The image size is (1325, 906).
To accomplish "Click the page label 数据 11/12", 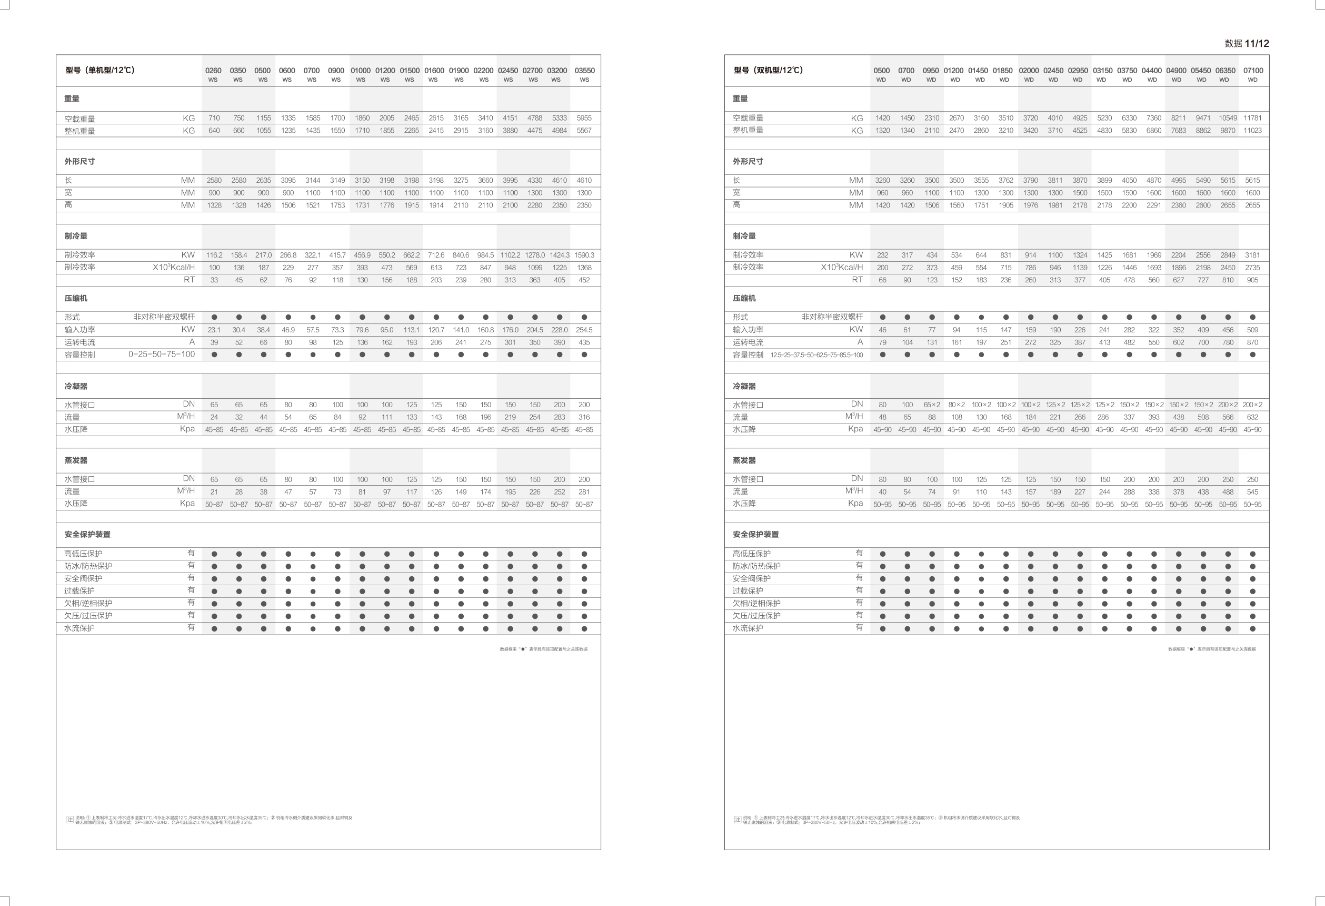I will pyautogui.click(x=1247, y=43).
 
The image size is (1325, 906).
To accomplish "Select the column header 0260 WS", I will pyautogui.click(x=213, y=74).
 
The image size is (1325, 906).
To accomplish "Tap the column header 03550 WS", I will pyautogui.click(x=584, y=74).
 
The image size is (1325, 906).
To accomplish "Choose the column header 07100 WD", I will pyautogui.click(x=1252, y=74).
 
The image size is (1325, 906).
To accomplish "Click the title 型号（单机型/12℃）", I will pyautogui.click(x=100, y=70).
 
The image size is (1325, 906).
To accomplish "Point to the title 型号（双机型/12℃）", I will pyautogui.click(x=768, y=70).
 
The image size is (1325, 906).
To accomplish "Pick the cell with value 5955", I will pyautogui.click(x=584, y=118).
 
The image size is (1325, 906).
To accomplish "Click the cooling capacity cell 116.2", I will pyautogui.click(x=214, y=255).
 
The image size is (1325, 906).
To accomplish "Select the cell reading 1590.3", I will pyautogui.click(x=584, y=255).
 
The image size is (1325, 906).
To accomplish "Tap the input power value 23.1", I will pyautogui.click(x=214, y=330).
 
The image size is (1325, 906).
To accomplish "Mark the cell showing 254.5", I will pyautogui.click(x=584, y=330).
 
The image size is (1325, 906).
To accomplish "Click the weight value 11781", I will pyautogui.click(x=1252, y=118).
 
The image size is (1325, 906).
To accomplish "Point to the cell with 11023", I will pyautogui.click(x=1252, y=131).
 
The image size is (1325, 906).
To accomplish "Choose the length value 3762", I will pyautogui.click(x=1005, y=180).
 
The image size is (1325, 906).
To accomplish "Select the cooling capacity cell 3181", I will pyautogui.click(x=1252, y=255).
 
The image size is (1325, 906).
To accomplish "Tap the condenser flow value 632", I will pyautogui.click(x=1252, y=417).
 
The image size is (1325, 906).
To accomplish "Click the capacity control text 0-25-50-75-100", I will pyautogui.click(x=162, y=354).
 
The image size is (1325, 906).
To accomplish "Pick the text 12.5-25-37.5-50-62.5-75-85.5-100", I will pyautogui.click(x=816, y=355).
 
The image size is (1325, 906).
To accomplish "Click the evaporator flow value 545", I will pyautogui.click(x=1252, y=492).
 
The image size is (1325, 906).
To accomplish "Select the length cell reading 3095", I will pyautogui.click(x=288, y=180).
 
